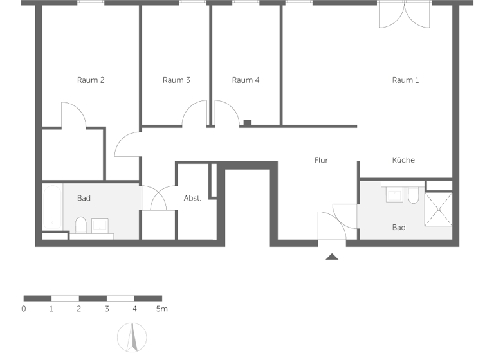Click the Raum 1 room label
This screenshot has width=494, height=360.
coord(405,80)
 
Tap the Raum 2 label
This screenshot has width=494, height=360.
coord(91,80)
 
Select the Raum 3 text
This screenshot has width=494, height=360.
coord(176,80)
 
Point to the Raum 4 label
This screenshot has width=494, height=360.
coord(246,80)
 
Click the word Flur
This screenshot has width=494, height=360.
coord(321,160)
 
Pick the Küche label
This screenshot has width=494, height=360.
coord(403,160)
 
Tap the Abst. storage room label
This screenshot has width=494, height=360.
coord(192,198)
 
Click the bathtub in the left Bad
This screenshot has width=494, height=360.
coord(52,207)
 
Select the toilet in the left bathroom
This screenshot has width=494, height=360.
coord(81,225)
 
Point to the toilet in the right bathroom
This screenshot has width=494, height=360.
coord(413,195)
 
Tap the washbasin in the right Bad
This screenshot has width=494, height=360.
coord(394,194)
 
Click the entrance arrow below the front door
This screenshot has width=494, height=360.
coord(332,257)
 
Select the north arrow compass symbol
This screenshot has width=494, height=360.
coord(132,337)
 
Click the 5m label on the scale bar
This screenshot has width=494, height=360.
coord(161,309)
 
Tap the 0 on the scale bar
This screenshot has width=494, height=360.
coord(24,309)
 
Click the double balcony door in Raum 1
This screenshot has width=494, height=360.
coord(404,14)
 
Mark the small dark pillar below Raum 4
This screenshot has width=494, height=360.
coord(247,122)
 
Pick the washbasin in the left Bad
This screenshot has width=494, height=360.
coord(101,224)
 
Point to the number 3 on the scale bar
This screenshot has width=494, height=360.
coord(107,309)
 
